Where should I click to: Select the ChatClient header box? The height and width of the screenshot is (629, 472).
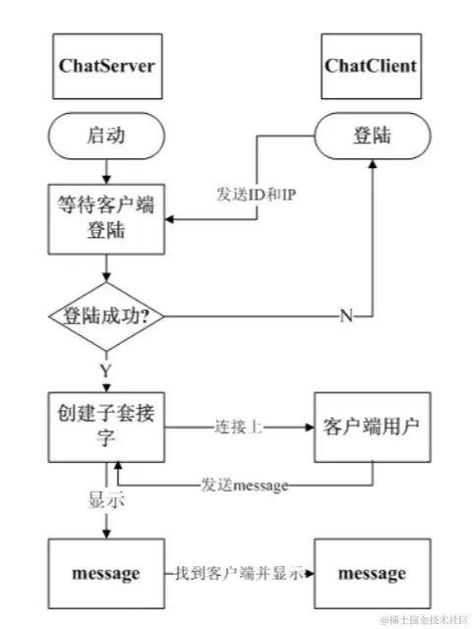coord(370,67)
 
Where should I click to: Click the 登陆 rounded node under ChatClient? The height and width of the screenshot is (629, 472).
coord(371,135)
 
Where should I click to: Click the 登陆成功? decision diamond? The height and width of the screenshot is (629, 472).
coord(105,317)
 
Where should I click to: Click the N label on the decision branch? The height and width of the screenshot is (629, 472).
coord(346,317)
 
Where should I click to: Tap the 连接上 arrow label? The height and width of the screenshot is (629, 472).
coord(236,429)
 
